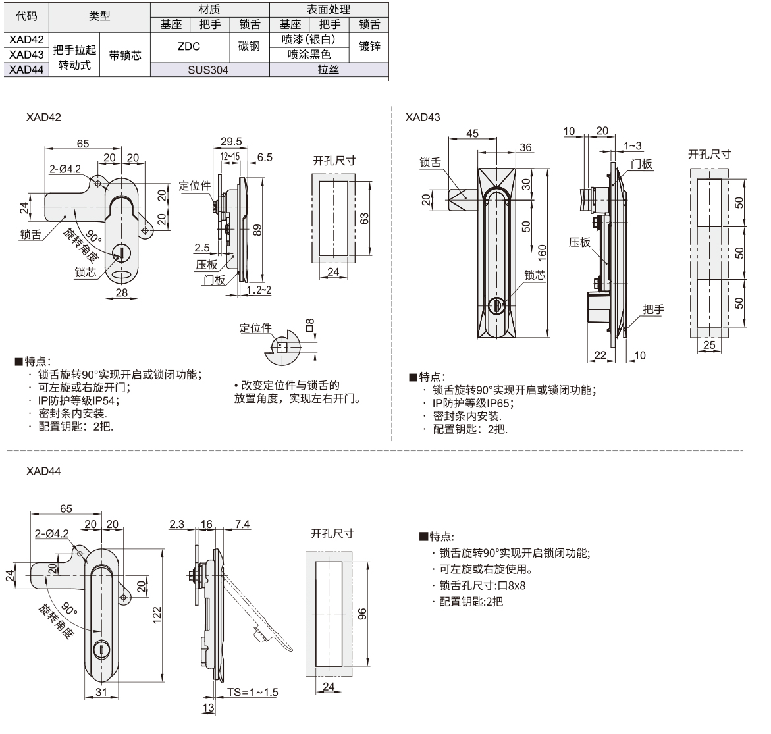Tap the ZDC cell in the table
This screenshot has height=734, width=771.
click(189, 47)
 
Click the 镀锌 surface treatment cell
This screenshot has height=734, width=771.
click(369, 47)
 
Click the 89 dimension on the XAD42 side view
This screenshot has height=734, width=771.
click(258, 228)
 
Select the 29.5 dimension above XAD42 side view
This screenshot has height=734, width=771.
click(231, 142)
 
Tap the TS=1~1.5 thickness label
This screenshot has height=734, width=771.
click(253, 692)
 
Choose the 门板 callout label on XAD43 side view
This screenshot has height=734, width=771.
click(641, 163)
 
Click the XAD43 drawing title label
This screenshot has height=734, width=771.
click(423, 117)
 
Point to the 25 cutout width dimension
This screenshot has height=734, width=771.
click(708, 345)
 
